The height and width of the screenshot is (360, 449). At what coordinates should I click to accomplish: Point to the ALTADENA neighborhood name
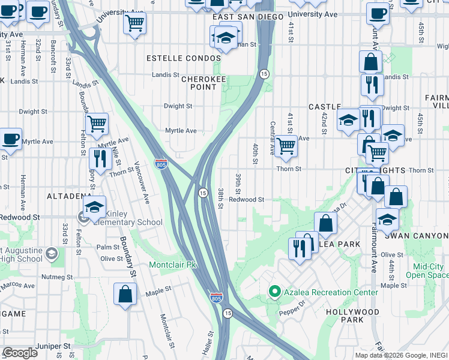click(69, 196)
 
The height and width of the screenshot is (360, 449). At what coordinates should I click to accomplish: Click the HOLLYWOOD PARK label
click(353, 316)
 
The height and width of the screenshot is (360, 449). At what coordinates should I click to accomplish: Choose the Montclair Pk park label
click(173, 265)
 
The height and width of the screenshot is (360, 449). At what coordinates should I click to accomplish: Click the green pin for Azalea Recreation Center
click(275, 292)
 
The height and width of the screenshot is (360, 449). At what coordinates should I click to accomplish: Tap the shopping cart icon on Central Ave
click(286, 145)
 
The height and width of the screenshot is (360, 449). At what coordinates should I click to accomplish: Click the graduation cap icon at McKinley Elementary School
click(95, 207)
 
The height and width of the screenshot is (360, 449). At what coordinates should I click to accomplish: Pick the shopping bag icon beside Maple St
click(125, 294)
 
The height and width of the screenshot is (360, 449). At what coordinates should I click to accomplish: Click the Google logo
click(20, 353)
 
